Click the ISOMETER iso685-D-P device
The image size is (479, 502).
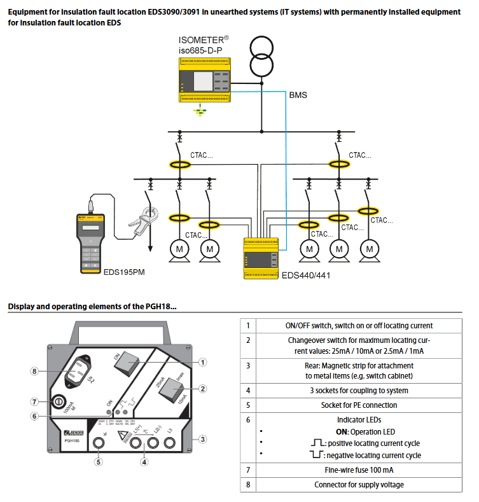(x=204, y=79)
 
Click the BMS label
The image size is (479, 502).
(x=298, y=95)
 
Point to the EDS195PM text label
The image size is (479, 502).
(x=125, y=272)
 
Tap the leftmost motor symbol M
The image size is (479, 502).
(x=180, y=248)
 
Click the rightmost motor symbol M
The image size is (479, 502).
(x=368, y=248)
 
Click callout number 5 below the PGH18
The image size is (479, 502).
(x=99, y=462)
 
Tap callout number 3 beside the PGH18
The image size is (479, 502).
(x=202, y=438)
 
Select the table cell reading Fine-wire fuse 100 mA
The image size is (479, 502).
(x=352, y=470)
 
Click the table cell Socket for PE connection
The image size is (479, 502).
(x=352, y=405)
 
